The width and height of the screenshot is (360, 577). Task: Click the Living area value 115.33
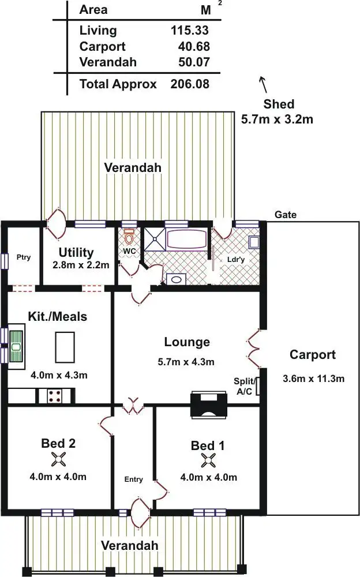coord(190,31)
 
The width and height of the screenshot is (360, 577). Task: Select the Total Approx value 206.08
coord(190,84)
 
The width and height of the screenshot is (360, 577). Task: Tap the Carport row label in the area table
coord(102,46)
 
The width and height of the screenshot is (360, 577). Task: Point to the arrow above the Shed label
coord(264,84)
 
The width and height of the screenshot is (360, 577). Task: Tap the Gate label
coord(285,215)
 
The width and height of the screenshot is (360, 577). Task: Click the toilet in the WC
coord(129,237)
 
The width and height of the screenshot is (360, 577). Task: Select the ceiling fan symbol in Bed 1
coord(208,460)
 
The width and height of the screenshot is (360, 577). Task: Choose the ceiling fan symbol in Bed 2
coord(58,460)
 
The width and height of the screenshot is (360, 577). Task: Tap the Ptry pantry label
coord(23,257)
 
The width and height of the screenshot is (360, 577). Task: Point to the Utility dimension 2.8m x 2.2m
coord(76,265)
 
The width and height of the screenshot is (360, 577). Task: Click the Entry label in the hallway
coord(133,479)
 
